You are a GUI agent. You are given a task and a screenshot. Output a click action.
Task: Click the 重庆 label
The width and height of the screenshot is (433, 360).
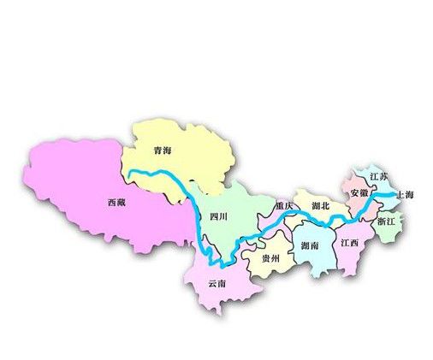tap(285, 207)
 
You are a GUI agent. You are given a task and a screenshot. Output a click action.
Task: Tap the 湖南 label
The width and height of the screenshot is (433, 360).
tap(311, 246)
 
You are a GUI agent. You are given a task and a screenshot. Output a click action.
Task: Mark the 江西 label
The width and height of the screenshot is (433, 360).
tap(349, 243)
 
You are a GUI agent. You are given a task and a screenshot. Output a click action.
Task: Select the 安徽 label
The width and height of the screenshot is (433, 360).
tap(359, 193)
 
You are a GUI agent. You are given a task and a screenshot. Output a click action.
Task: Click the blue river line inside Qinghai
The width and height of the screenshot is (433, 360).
tap(163, 175)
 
